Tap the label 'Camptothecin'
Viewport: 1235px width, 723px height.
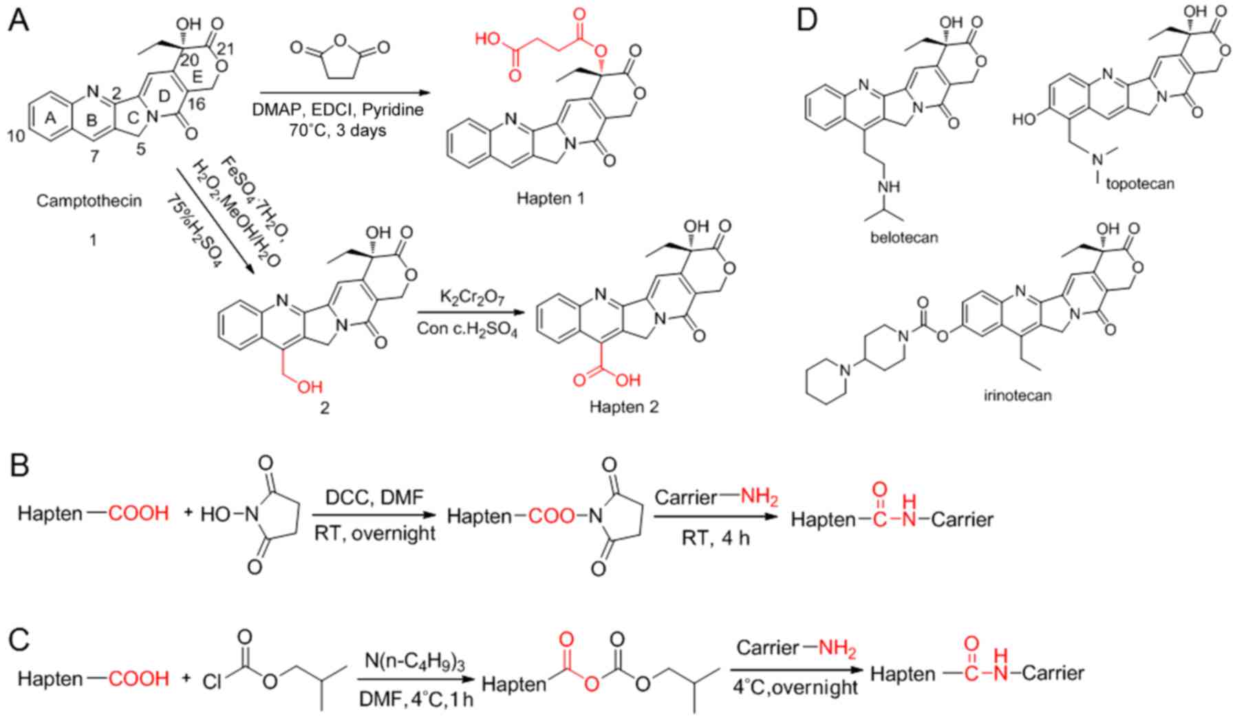coord(89,201)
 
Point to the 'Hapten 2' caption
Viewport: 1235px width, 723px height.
coord(623,407)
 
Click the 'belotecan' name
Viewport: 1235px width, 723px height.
coord(904,238)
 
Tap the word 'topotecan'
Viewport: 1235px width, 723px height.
coord(1140,184)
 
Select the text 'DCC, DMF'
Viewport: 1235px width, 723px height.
coord(372,497)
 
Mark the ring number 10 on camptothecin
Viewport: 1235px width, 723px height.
coord(16,136)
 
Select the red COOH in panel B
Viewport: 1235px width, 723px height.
coord(138,513)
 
